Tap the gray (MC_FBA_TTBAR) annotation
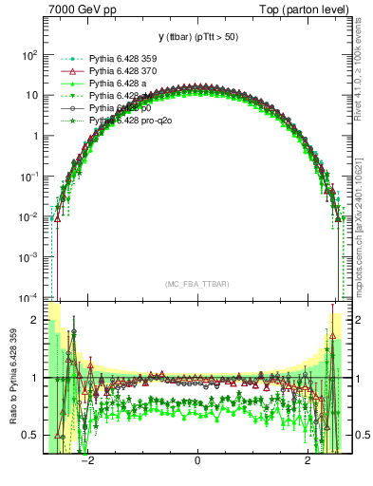197,284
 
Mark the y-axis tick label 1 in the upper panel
34,136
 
